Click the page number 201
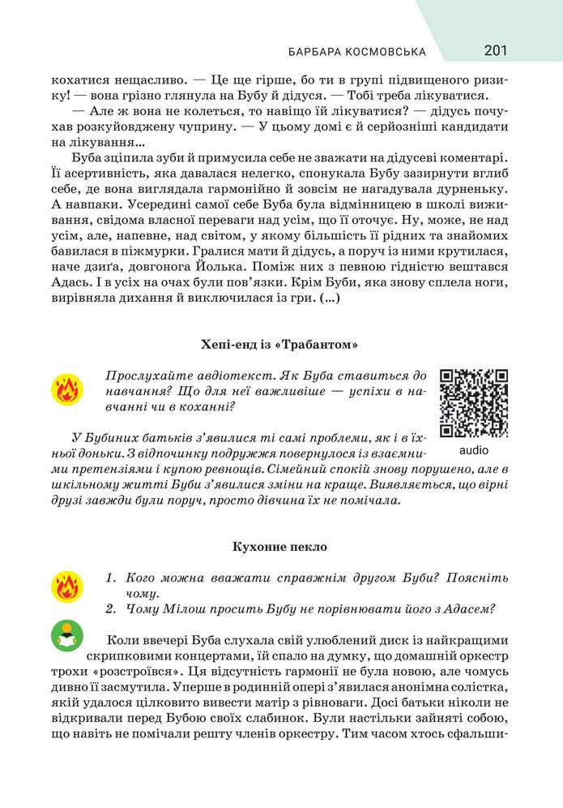coord(496,51)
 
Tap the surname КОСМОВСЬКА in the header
coord(387,52)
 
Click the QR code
coord(473,403)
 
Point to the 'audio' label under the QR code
coord(473,449)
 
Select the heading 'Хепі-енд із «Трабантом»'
coord(279,345)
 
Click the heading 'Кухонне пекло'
coord(279,547)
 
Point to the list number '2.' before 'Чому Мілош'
coord(113,609)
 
